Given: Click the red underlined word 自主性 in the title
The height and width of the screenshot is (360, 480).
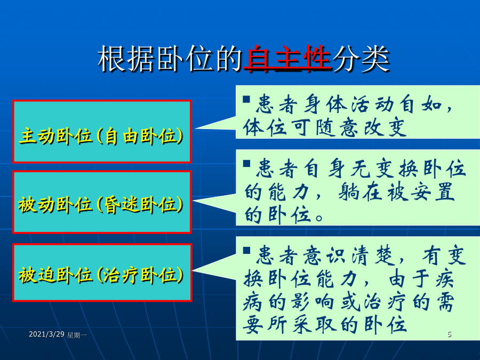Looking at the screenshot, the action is point(287,58).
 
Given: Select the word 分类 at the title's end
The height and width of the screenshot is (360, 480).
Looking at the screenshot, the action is point(361,59).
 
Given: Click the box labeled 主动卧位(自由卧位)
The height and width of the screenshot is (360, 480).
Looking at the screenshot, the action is point(102,131).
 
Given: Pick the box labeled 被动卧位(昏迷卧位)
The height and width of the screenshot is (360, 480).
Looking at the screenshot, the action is point(102,202).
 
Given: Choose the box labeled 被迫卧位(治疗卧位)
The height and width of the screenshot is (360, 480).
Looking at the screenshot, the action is point(102,273).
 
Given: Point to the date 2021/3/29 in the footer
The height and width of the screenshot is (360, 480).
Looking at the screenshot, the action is point(46,334).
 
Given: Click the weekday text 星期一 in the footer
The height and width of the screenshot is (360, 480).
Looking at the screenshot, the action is point(77,335).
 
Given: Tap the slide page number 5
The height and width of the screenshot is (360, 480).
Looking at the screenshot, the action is point(450,334).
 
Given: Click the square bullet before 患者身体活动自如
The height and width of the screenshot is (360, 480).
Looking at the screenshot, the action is point(246,99).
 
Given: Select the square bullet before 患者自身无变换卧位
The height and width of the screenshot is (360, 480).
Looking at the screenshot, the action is point(246,164).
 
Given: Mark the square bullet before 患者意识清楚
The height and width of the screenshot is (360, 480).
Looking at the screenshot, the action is point(246,251).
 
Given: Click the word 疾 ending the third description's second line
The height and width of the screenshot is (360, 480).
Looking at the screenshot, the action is point(444,278).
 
